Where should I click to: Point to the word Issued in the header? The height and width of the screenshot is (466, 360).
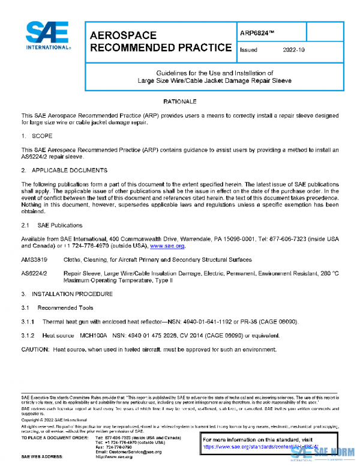click(x=248, y=50)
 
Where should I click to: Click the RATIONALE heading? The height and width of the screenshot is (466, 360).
click(x=180, y=102)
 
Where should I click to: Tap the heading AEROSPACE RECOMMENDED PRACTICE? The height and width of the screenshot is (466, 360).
click(x=160, y=41)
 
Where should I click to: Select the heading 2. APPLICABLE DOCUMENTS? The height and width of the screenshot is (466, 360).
click(x=64, y=171)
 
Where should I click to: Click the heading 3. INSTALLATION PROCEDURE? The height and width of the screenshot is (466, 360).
click(x=67, y=294)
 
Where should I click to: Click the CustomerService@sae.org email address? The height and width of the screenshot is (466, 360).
click(x=123, y=452)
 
